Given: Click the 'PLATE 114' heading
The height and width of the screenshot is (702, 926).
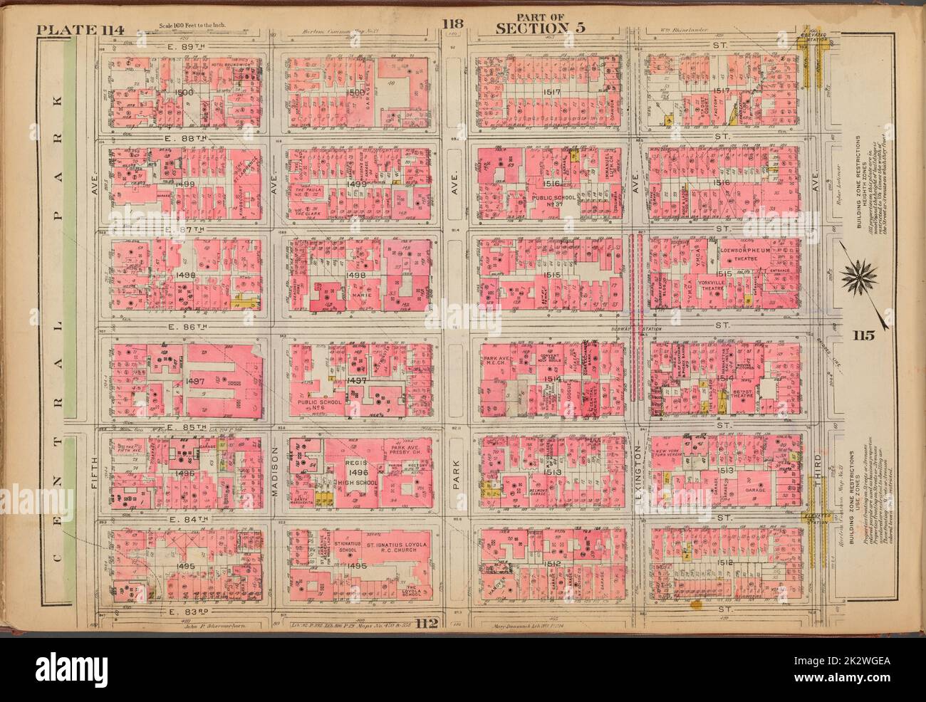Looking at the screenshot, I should [x=80, y=29].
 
